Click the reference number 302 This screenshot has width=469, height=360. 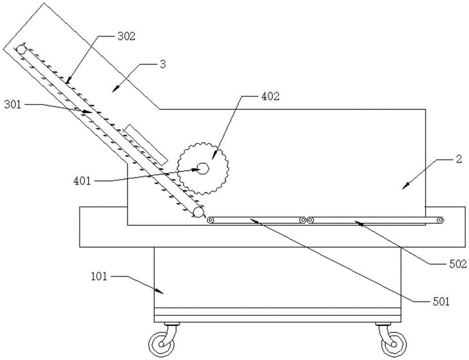(127, 37)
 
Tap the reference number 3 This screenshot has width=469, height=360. (163, 64)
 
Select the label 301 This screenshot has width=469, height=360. (13, 105)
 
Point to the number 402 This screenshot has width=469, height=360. (270, 96)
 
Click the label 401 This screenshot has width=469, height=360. (82, 181)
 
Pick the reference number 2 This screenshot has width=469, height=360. (459, 159)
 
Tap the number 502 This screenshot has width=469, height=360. (457, 264)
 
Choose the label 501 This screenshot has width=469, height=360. (440, 302)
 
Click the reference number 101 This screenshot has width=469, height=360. (98, 277)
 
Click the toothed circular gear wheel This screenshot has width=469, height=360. (203, 169)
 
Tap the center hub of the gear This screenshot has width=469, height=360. (203, 169)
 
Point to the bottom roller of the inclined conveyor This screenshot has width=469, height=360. (198, 212)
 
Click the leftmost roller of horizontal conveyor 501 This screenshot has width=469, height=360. (211, 220)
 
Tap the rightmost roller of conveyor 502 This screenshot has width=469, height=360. (439, 220)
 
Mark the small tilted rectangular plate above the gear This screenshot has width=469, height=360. (146, 145)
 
